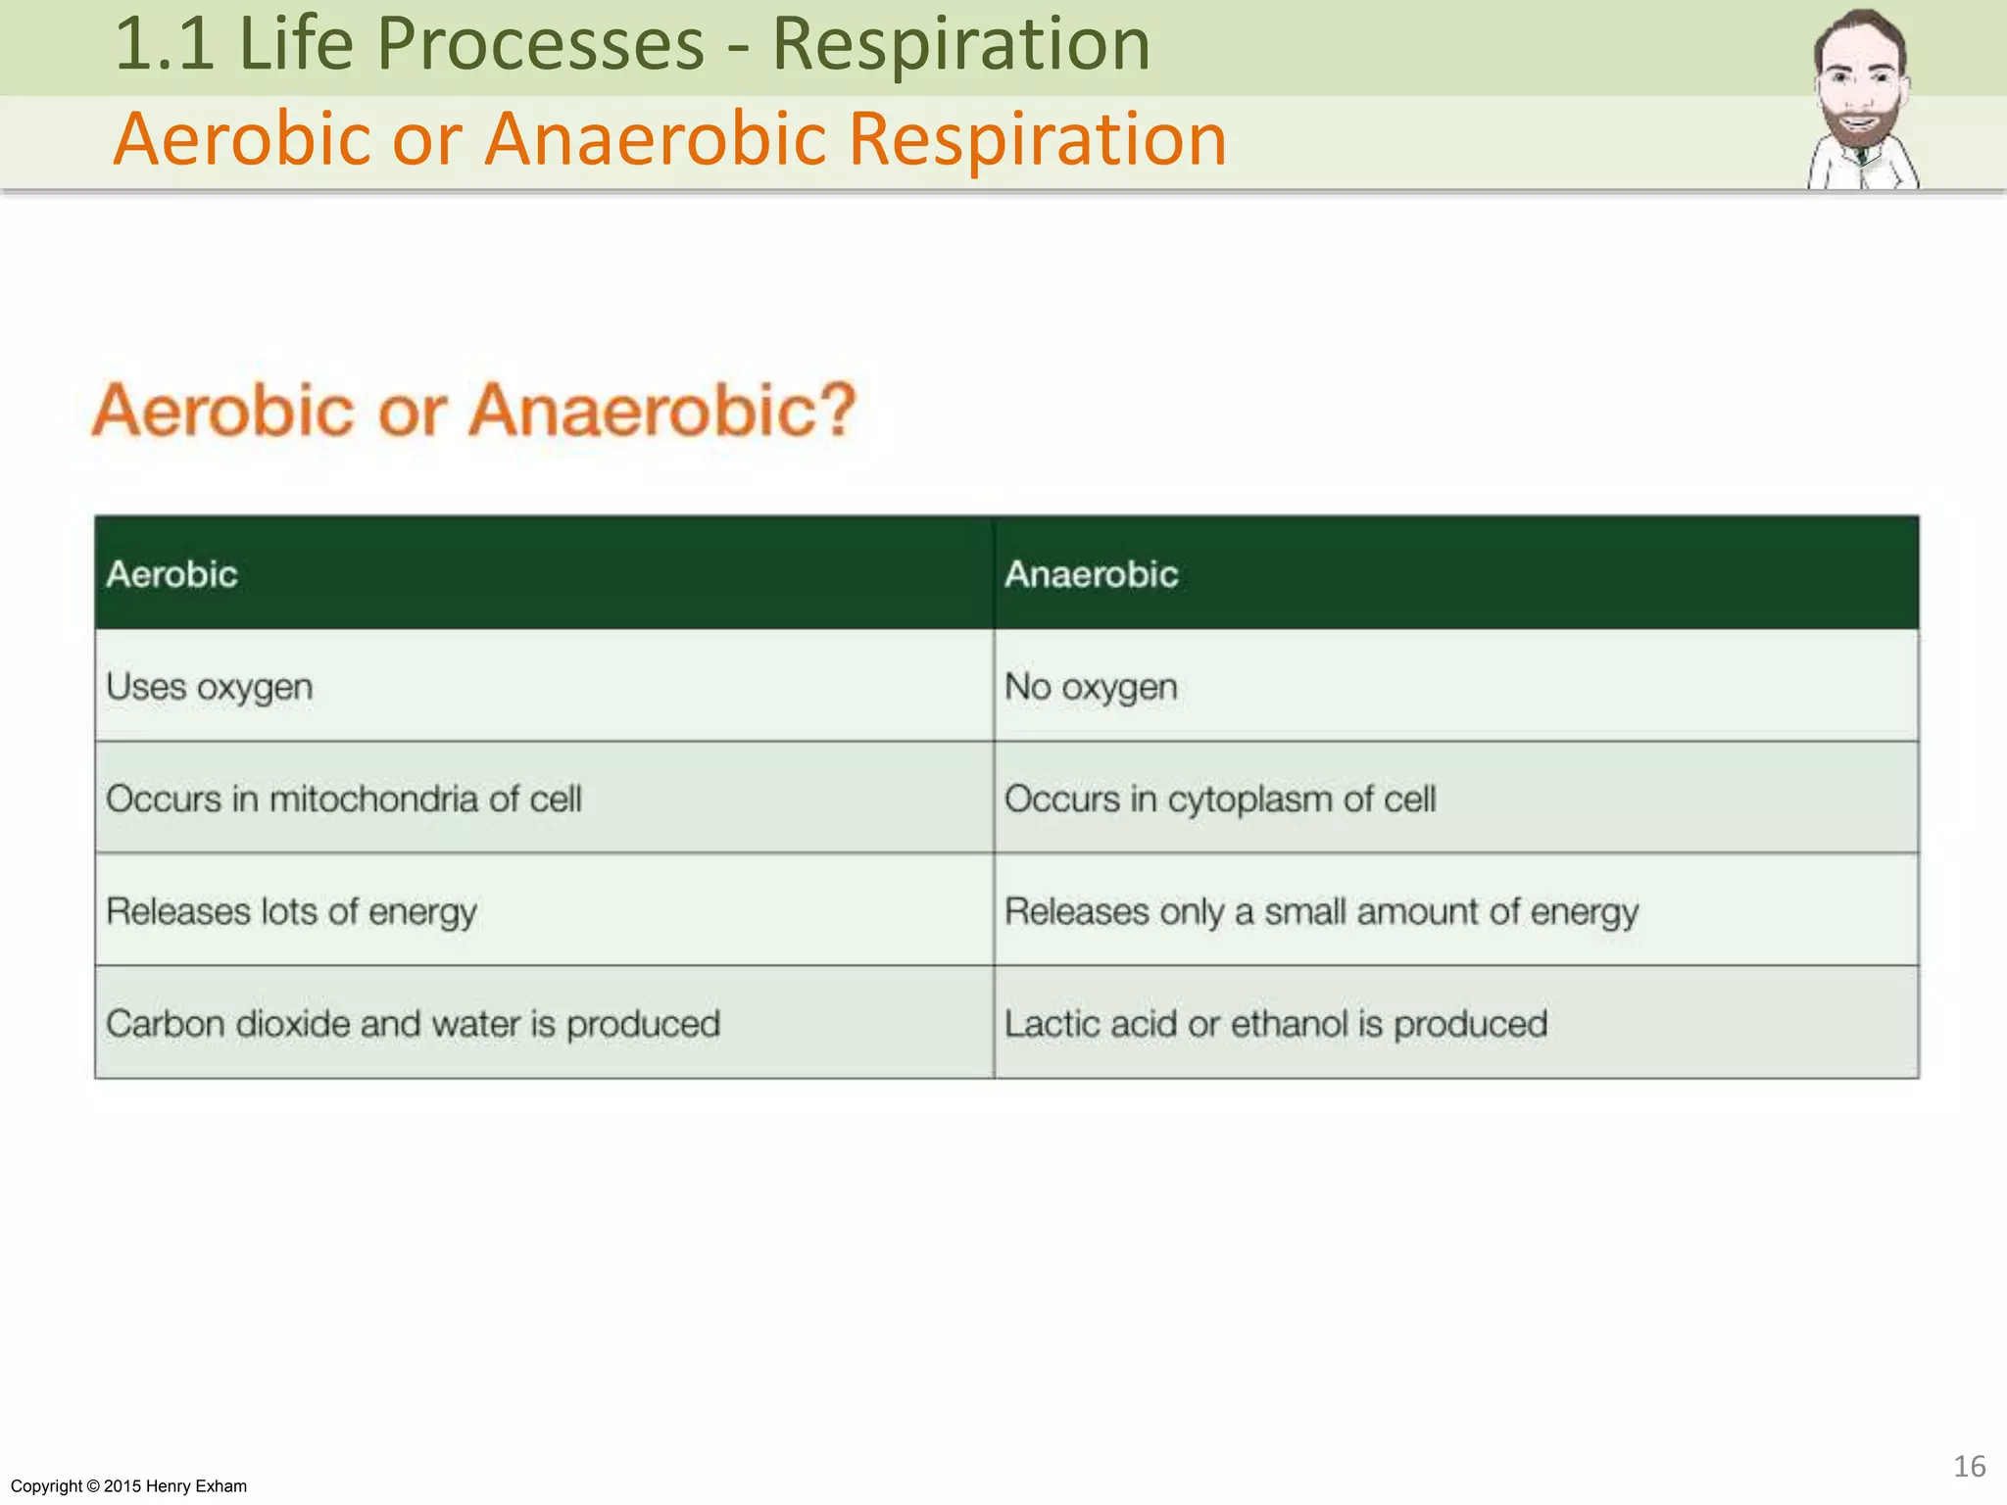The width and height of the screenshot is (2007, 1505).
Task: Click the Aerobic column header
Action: click(172, 574)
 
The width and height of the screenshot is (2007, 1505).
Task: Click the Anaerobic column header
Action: click(1091, 574)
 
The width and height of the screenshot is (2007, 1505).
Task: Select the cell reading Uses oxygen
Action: click(210, 687)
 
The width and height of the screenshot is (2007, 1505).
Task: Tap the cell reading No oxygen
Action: click(1091, 687)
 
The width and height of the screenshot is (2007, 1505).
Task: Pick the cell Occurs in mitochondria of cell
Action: click(343, 799)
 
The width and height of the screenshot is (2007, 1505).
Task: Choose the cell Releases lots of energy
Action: click(291, 912)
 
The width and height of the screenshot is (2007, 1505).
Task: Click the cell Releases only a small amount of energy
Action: click(1321, 912)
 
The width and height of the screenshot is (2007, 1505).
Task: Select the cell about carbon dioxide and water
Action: click(413, 1024)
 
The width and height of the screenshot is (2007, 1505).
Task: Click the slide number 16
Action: click(1969, 1467)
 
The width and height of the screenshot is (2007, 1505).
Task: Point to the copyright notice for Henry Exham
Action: click(128, 1486)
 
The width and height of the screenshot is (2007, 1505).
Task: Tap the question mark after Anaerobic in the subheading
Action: click(836, 410)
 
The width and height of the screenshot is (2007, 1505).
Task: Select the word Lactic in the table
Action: click(1052, 1024)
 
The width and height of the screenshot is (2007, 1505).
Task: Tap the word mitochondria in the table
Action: click(376, 799)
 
